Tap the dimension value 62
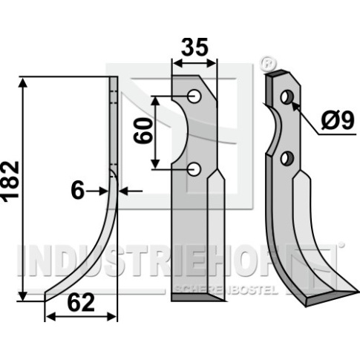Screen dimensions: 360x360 [x=81, y=303]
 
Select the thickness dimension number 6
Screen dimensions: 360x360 [x=78, y=191]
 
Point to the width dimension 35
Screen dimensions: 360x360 [x=194, y=47]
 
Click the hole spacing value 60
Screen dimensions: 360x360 [x=143, y=131]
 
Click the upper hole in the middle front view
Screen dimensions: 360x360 [x=194, y=96]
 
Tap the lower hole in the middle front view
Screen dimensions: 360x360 [x=194, y=169]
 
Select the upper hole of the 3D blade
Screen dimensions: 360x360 [x=287, y=97]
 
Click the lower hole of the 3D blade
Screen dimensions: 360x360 [x=287, y=157]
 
